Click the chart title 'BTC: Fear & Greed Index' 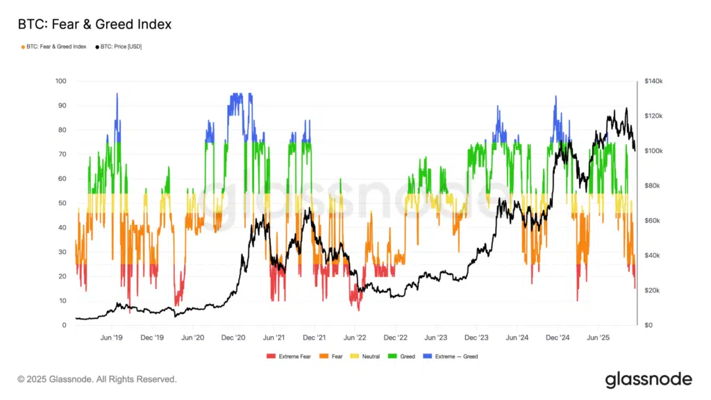coord(94,24)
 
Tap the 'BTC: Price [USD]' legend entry coord(119,47)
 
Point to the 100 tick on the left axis coord(60,81)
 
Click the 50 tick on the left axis coord(62,203)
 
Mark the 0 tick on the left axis coord(64,325)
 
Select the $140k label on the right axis coord(653,81)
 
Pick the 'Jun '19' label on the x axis coord(112,337)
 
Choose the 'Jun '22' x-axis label coord(355,337)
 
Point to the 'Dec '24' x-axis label coord(558,337)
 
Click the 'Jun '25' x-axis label coord(598,337)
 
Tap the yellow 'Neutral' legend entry coord(367,356)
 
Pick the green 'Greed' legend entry coord(403,356)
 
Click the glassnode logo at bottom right coord(648,379)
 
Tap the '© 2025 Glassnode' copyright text coord(97,379)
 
